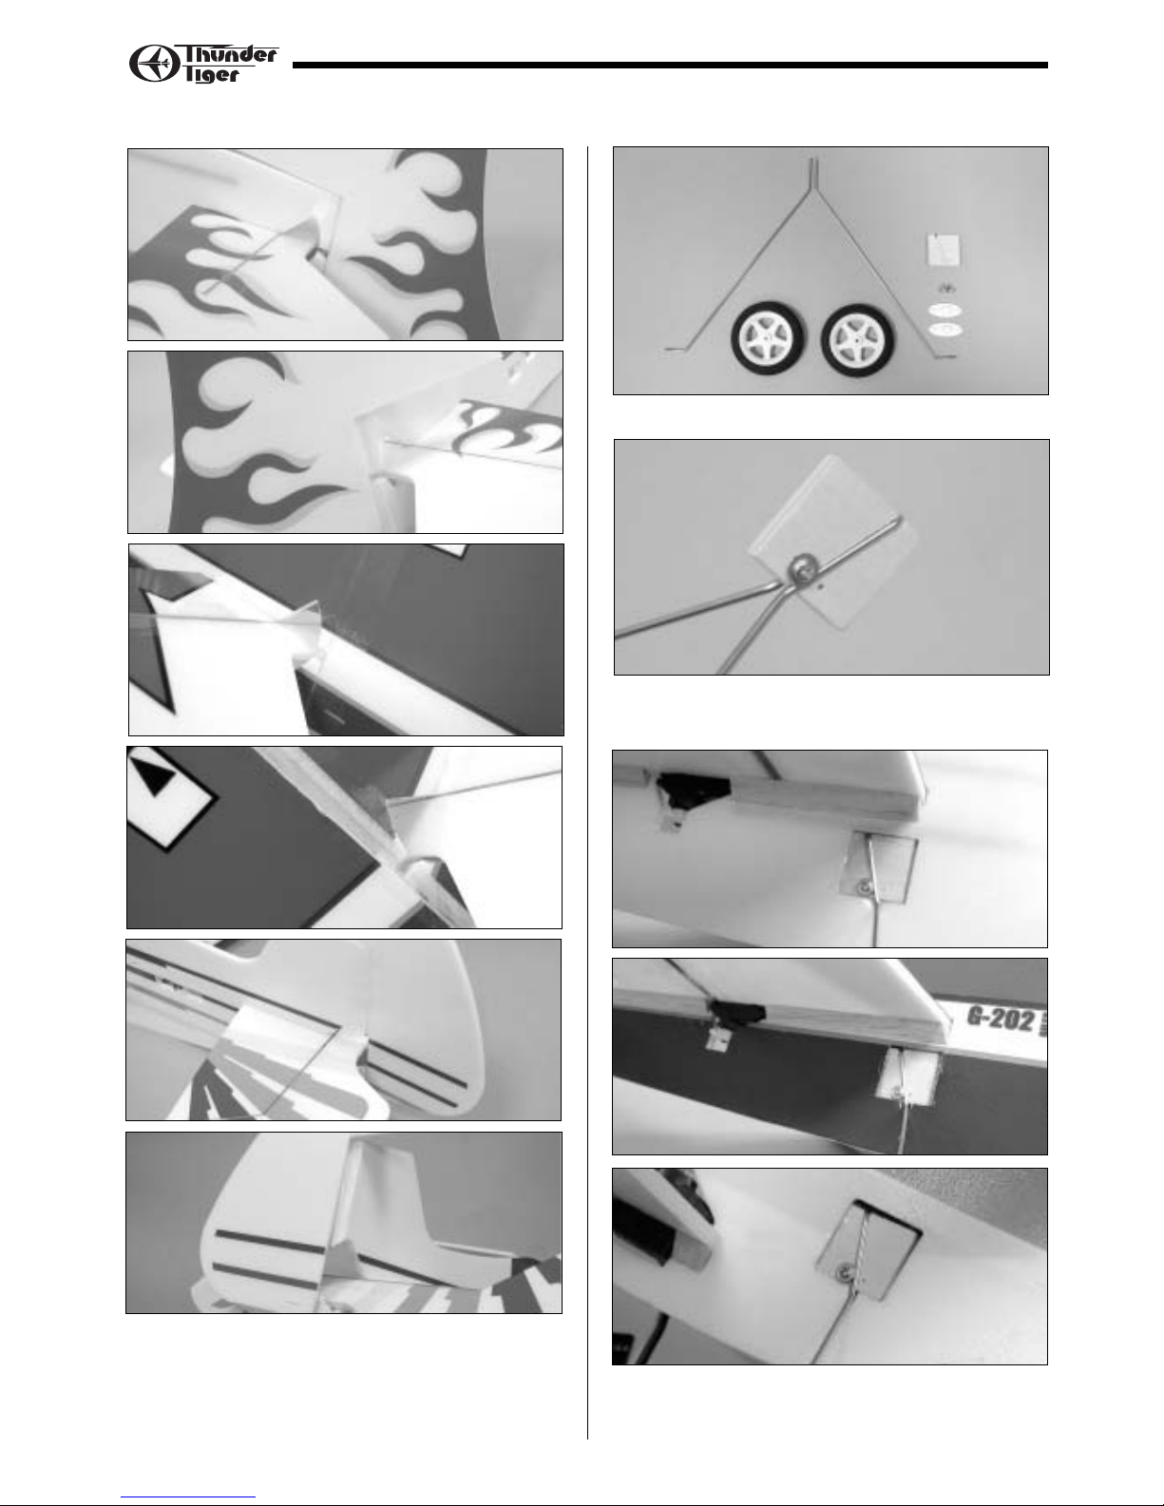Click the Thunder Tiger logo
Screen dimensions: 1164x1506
pos(203,64)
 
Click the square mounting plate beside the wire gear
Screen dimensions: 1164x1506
pos(944,250)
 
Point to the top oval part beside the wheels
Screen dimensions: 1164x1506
pos(945,310)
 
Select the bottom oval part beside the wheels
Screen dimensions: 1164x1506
pos(945,330)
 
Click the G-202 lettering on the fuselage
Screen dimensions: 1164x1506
pos(1002,1020)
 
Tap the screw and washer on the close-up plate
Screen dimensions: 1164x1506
pos(802,567)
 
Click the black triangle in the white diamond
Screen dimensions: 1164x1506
pos(156,775)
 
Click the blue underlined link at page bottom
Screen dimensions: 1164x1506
pos(188,1496)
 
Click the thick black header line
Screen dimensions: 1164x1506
pos(670,66)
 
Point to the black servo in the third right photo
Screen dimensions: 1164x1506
pos(693,788)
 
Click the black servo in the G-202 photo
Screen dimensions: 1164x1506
pos(735,1013)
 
